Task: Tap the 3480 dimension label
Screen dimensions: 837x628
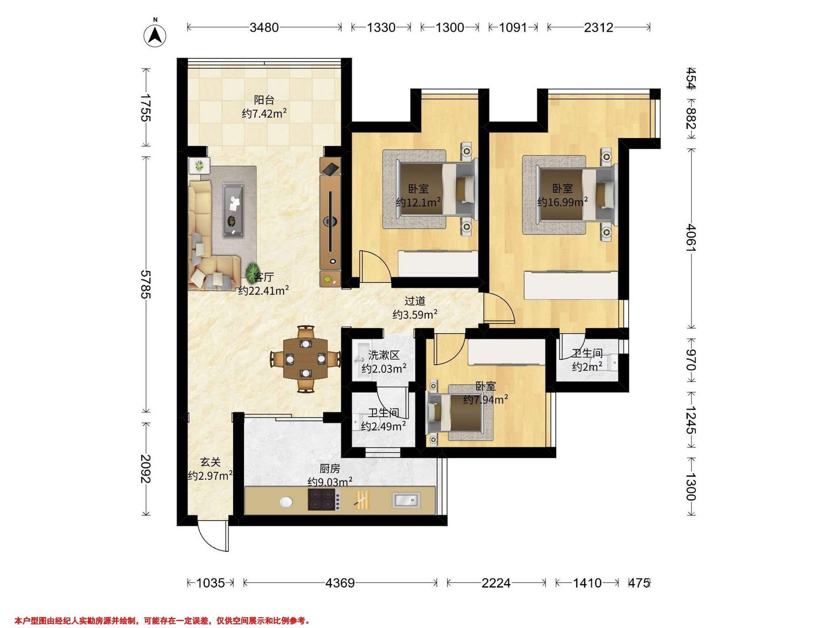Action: click(x=264, y=27)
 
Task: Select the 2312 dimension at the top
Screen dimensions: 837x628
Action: click(x=598, y=27)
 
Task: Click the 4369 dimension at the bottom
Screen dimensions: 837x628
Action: click(x=340, y=583)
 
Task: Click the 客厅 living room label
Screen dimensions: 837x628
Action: click(x=264, y=277)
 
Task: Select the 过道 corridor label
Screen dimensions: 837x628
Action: click(x=415, y=301)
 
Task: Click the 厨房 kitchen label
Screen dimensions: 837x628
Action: click(x=330, y=469)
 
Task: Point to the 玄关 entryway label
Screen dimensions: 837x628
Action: click(x=210, y=462)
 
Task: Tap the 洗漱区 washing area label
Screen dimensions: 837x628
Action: click(x=384, y=355)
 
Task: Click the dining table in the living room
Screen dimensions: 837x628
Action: click(x=306, y=358)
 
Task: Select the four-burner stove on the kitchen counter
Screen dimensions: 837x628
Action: click(x=324, y=499)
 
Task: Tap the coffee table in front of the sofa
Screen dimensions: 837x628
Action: click(x=233, y=210)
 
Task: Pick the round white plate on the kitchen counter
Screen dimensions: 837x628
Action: click(x=286, y=502)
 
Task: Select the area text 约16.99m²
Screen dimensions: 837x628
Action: click(x=562, y=202)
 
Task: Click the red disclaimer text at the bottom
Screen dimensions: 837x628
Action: click(x=162, y=621)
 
